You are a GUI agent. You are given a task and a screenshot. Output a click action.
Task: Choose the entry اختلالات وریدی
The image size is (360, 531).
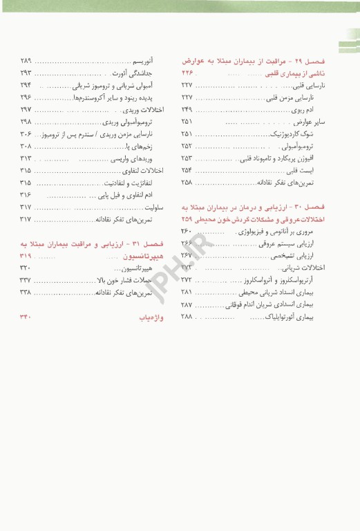tap(144, 109)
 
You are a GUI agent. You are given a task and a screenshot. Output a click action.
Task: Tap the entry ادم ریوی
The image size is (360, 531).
tap(321, 109)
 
